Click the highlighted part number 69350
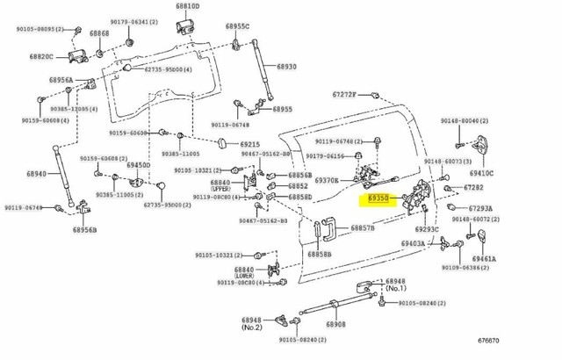coord(378,199)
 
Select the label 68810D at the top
coord(187,7)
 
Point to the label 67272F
coord(345,94)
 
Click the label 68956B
coord(83,230)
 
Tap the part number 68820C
coord(40,57)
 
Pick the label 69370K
coord(328,181)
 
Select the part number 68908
coord(335,324)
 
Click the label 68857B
coord(363,228)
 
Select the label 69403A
coord(414,243)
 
